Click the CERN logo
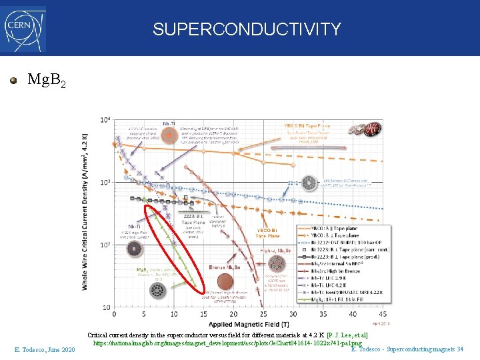[24, 29]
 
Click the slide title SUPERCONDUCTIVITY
[247, 29]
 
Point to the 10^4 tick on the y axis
[105, 120]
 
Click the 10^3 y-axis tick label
[105, 183]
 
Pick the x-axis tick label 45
[381, 314]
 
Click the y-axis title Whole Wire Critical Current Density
[85, 213]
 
